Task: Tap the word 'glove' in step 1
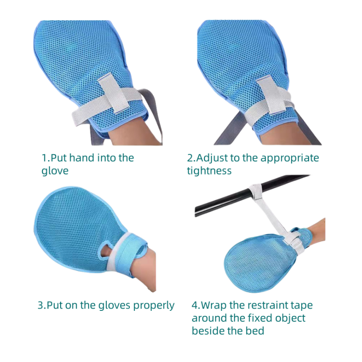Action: point(55,171)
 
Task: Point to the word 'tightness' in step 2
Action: point(209,171)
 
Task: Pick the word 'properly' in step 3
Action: point(154,306)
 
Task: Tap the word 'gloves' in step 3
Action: point(114,306)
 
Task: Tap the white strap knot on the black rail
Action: point(256,192)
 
